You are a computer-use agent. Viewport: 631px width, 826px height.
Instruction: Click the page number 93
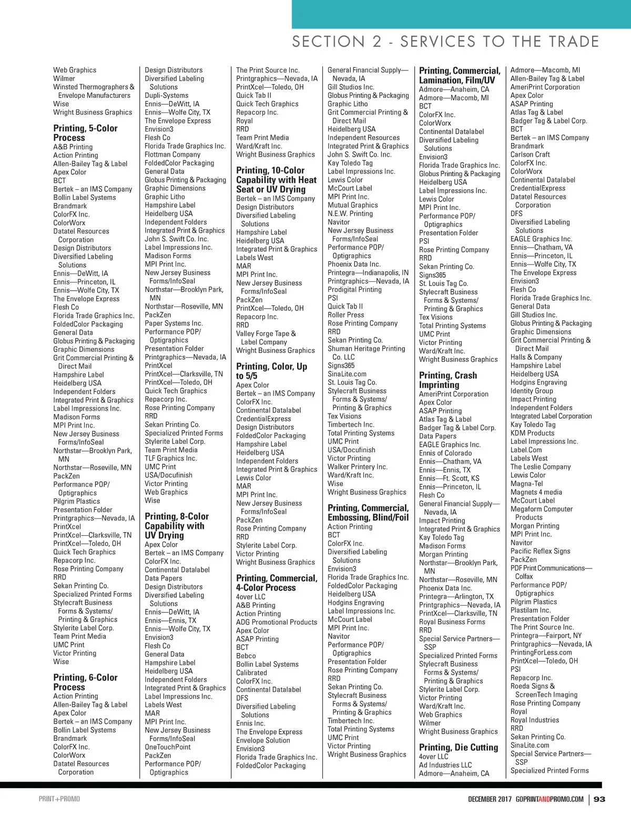[x=599, y=799]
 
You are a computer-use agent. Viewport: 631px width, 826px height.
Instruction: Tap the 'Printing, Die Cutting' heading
[x=458, y=747]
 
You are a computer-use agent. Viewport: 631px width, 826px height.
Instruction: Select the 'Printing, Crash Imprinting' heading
[x=448, y=380]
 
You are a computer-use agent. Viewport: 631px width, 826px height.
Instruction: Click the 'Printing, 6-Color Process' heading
[x=85, y=682]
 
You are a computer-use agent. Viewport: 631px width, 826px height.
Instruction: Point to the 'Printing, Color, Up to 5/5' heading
[x=271, y=371]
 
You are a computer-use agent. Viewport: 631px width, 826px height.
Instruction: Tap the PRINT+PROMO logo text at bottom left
[x=59, y=799]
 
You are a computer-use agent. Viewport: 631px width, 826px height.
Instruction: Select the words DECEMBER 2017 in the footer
[x=490, y=799]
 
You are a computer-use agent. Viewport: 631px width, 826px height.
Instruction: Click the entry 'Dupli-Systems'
[x=166, y=96]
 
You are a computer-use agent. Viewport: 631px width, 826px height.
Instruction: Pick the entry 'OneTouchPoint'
[x=168, y=747]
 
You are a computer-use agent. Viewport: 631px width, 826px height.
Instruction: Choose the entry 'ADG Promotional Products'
[x=277, y=623]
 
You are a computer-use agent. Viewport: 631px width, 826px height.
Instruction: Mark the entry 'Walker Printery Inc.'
[x=357, y=467]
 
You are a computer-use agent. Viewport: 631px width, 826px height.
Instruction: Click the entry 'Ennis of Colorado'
[x=445, y=453]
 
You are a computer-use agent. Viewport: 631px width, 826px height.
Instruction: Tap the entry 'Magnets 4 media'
[x=536, y=492]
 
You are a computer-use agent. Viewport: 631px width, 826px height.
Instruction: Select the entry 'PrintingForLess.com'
[x=541, y=652]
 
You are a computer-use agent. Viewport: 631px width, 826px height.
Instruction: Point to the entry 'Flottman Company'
[x=172, y=155]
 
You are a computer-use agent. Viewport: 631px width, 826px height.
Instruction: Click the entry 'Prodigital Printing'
[x=354, y=290]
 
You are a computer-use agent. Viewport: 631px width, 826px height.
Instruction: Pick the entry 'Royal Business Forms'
[x=452, y=622]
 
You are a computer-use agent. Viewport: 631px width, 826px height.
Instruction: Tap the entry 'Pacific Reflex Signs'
[x=540, y=551]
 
